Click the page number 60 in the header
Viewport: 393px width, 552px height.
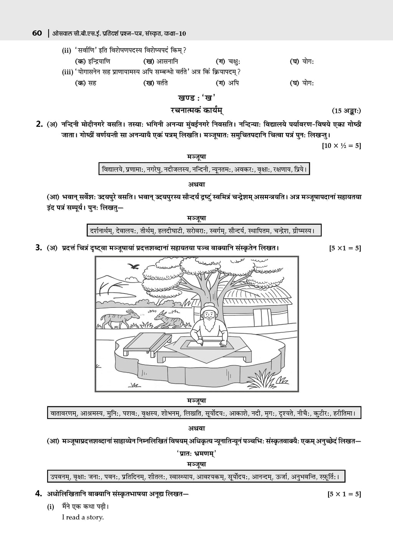(37, 33)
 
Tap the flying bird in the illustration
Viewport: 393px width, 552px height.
(134, 265)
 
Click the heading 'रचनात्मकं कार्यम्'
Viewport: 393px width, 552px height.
(196, 110)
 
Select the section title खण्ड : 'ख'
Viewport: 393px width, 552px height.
(196, 98)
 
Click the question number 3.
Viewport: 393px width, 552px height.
(39, 248)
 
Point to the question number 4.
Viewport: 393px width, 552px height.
(39, 494)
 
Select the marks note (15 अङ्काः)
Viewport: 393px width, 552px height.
(346, 111)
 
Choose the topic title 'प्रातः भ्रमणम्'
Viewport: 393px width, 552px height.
(196, 453)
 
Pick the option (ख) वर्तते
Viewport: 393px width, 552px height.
(155, 82)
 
